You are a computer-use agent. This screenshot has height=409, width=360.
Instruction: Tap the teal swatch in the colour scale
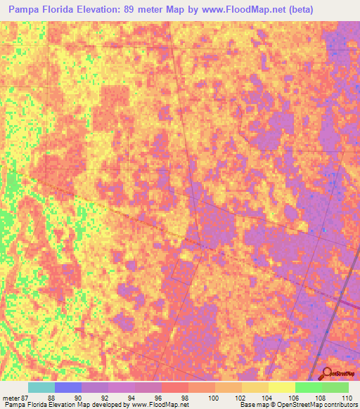point(41,387)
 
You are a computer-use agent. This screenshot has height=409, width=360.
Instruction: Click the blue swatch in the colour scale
point(68,387)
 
